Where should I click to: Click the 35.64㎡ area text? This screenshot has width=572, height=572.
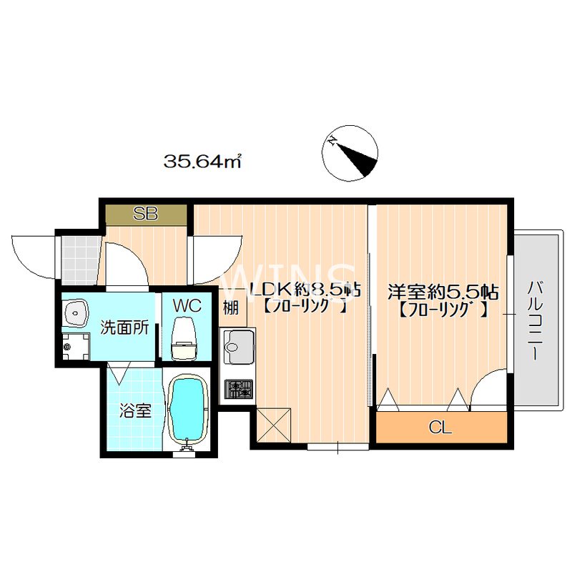[x=203, y=161]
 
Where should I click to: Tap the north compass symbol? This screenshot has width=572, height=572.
[x=350, y=153]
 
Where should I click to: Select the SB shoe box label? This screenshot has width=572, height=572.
[x=145, y=214]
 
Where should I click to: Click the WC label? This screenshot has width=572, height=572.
[x=187, y=306]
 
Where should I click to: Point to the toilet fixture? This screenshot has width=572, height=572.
[x=184, y=338]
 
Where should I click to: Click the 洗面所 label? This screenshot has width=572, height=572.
[x=124, y=327]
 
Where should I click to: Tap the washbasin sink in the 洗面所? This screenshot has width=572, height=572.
[x=76, y=313]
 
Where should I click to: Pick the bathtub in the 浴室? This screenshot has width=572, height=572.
[x=188, y=410]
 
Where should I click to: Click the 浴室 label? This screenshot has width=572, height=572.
[x=135, y=411]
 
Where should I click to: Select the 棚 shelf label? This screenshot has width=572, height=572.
[x=230, y=308]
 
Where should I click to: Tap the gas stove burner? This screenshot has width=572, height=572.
[x=239, y=389]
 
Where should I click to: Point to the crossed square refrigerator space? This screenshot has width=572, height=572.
[x=274, y=425]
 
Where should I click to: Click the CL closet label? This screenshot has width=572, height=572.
[x=440, y=427]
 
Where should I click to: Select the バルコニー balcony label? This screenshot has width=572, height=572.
[x=533, y=320]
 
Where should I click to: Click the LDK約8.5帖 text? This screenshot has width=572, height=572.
[x=305, y=290]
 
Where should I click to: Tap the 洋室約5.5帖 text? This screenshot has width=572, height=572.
[x=443, y=292]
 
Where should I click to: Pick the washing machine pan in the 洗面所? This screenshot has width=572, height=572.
[x=76, y=346]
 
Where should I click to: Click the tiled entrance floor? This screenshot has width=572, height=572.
[x=80, y=260]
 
